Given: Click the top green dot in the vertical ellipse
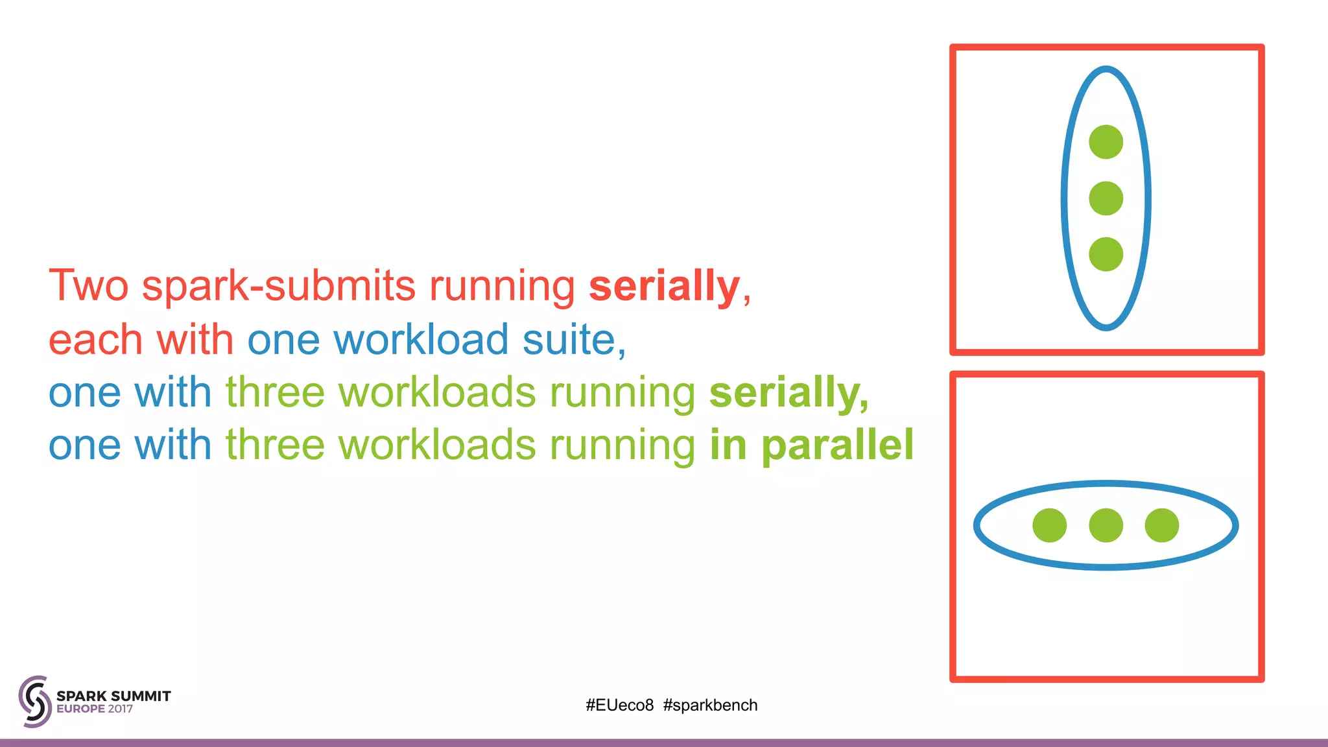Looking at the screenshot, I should pyautogui.click(x=1106, y=142).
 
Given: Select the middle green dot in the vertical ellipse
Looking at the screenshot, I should pyautogui.click(x=1106, y=198).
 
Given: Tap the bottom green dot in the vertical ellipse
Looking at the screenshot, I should pyautogui.click(x=1106, y=254).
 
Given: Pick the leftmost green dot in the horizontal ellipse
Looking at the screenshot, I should pyautogui.click(x=1049, y=525).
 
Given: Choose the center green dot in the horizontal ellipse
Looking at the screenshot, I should pyautogui.click(x=1106, y=525).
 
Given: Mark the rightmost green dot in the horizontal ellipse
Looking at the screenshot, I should pyautogui.click(x=1161, y=525).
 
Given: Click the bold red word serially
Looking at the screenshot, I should pyautogui.click(x=664, y=286).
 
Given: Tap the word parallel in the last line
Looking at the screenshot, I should pyautogui.click(x=837, y=445).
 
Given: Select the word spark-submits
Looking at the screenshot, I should pyautogui.click(x=278, y=286).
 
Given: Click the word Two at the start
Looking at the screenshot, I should pyautogui.click(x=89, y=286).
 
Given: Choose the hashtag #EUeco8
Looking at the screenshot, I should pyautogui.click(x=619, y=705).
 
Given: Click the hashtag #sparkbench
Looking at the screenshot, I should pyautogui.click(x=710, y=705).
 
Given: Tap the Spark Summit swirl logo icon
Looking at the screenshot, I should pyautogui.click(x=34, y=701).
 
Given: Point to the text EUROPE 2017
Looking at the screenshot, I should pyautogui.click(x=95, y=709).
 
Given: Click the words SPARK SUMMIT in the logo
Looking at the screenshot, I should pyautogui.click(x=113, y=696).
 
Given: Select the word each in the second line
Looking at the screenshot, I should pyautogui.click(x=95, y=340).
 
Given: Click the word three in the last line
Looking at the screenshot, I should pyautogui.click(x=275, y=445).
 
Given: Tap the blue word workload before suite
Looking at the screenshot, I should pyautogui.click(x=421, y=340).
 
